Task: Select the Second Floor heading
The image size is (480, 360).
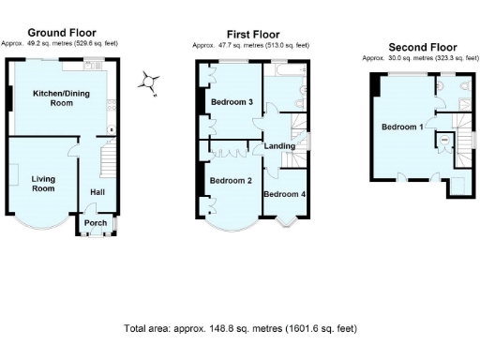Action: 423,46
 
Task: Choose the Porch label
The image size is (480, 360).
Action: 96,223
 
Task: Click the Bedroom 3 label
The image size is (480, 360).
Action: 231,102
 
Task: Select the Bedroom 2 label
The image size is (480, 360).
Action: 229,181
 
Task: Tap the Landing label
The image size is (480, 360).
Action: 280,146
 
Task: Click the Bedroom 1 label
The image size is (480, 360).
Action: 401,127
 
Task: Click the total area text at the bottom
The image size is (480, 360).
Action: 240,329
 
